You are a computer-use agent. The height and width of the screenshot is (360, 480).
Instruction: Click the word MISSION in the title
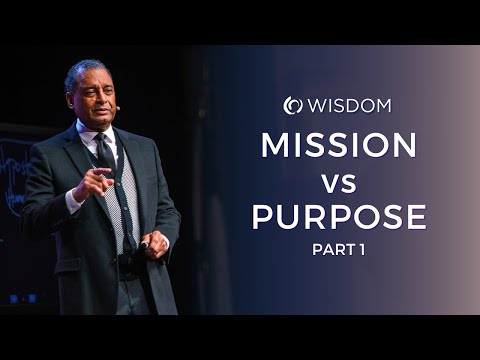339,145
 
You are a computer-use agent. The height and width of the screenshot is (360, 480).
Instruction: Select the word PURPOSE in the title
339,216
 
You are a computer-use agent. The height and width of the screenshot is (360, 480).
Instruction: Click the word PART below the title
327,249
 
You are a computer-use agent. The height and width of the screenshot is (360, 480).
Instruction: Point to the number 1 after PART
361,249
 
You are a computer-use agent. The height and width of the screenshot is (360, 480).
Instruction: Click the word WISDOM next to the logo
349,105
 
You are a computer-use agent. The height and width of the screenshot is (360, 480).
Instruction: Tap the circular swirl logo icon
292,105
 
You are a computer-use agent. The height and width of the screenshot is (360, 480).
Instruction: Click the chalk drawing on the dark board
15,170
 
